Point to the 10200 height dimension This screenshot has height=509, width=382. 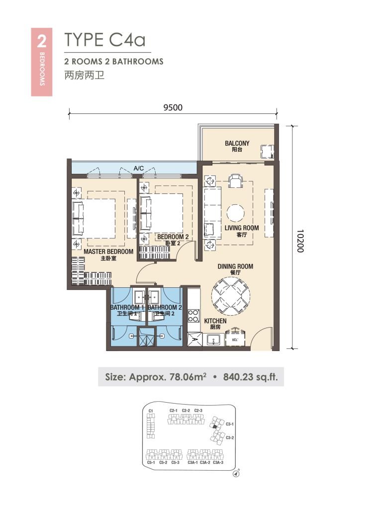(298, 241)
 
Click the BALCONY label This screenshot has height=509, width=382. (237, 146)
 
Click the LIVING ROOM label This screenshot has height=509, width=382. (241, 231)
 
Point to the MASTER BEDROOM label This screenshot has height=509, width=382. (108, 254)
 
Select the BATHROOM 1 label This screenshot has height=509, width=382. (127, 311)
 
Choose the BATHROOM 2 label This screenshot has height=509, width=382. (165, 311)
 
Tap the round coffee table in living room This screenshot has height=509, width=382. (235, 213)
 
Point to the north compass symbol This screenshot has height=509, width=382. (236, 474)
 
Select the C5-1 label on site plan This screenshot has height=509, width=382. (151, 463)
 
